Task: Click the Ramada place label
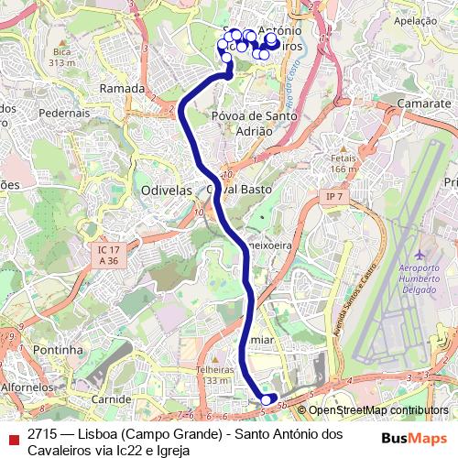click(x=122, y=89)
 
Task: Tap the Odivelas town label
click(x=166, y=190)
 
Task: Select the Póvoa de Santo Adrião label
click(x=252, y=124)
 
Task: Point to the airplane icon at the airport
click(x=420, y=253)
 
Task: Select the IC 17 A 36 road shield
click(x=108, y=254)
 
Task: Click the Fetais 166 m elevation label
click(x=343, y=163)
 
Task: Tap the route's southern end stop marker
click(x=267, y=399)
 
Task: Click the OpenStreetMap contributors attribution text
click(x=378, y=410)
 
